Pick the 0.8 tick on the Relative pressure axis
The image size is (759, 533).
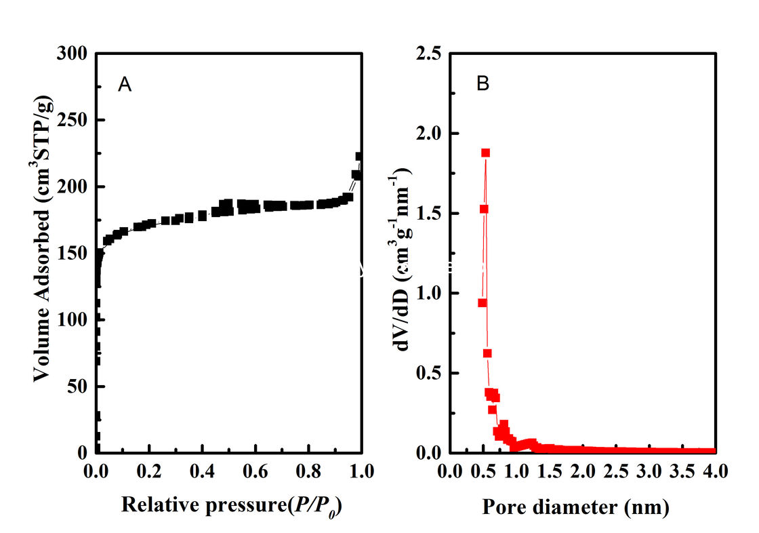308,469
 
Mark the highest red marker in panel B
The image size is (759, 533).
485,153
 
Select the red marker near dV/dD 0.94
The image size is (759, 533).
482,302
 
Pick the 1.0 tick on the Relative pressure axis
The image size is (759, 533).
361,469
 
